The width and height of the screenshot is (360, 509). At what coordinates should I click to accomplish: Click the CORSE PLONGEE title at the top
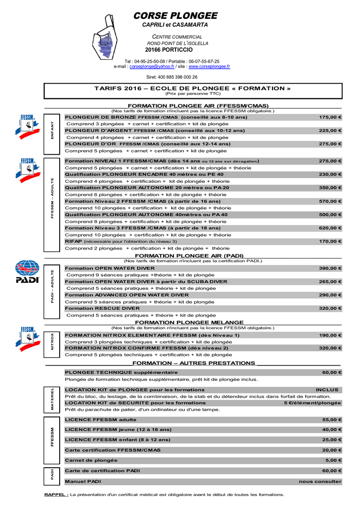[x=175, y=16]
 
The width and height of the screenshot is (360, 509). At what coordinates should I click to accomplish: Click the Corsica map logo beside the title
[x=106, y=38]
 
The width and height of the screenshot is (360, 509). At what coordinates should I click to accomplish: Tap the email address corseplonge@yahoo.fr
[x=152, y=66]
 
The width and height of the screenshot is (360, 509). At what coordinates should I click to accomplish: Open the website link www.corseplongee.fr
[x=209, y=66]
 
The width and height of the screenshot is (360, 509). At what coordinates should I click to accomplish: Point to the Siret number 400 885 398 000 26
[x=172, y=77]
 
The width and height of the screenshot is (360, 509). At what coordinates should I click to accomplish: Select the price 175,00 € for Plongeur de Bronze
[x=330, y=117]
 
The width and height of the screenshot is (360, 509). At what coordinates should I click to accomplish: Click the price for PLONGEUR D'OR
[x=330, y=144]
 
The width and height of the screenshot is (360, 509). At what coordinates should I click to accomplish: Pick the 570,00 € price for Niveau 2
[x=330, y=201]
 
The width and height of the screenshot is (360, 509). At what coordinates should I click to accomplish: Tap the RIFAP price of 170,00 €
[x=330, y=241]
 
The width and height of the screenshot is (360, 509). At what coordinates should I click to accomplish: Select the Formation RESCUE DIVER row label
[x=102, y=308]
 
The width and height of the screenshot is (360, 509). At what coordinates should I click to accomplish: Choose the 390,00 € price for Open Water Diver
[x=330, y=268]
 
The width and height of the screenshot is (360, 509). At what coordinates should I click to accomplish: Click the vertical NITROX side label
[x=53, y=341]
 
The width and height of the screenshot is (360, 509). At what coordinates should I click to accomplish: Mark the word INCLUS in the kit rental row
[x=327, y=390]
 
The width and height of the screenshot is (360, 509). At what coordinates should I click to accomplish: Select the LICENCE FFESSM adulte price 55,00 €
[x=332, y=420]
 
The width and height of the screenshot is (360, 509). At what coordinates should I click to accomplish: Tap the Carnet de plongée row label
[x=91, y=460]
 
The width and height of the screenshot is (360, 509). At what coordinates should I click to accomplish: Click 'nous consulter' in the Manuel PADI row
[x=320, y=482]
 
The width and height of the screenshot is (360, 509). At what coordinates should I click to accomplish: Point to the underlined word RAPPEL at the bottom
[x=56, y=495]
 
